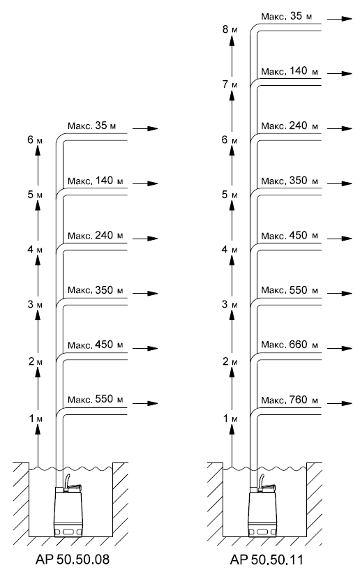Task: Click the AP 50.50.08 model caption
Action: point(73,559)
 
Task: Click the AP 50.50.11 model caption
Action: point(267,559)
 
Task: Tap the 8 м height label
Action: point(230,29)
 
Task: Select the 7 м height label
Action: point(230,84)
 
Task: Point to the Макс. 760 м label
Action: point(290,400)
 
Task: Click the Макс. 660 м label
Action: point(290,345)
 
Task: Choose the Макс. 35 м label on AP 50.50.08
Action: point(91,126)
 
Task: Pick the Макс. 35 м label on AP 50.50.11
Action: point(286,16)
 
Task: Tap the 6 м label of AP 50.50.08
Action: point(35,140)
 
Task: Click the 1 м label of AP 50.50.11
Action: point(230,419)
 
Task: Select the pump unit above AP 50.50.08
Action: point(68,506)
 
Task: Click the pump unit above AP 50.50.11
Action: point(262,506)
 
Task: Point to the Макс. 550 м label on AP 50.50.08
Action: point(95,399)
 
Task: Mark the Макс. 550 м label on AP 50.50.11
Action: point(290,290)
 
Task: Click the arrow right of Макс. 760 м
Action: point(340,403)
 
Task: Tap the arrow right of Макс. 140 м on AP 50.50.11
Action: point(340,73)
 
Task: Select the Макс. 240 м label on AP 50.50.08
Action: point(95,235)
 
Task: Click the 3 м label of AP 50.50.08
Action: point(35,304)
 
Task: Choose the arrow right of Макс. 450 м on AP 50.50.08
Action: point(145,348)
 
